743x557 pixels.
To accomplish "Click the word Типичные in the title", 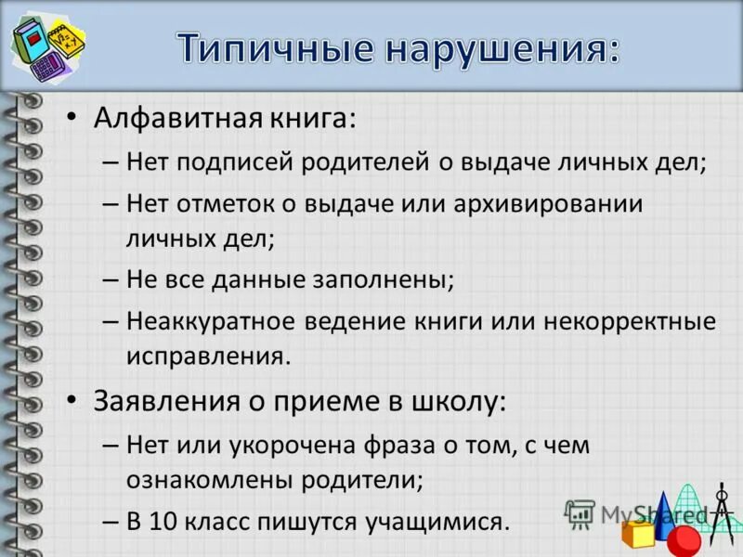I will pyautogui.click(x=268, y=46).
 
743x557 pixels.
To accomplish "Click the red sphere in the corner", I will pyautogui.click(x=685, y=539).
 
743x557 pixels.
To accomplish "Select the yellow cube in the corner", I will pyautogui.click(x=638, y=535).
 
